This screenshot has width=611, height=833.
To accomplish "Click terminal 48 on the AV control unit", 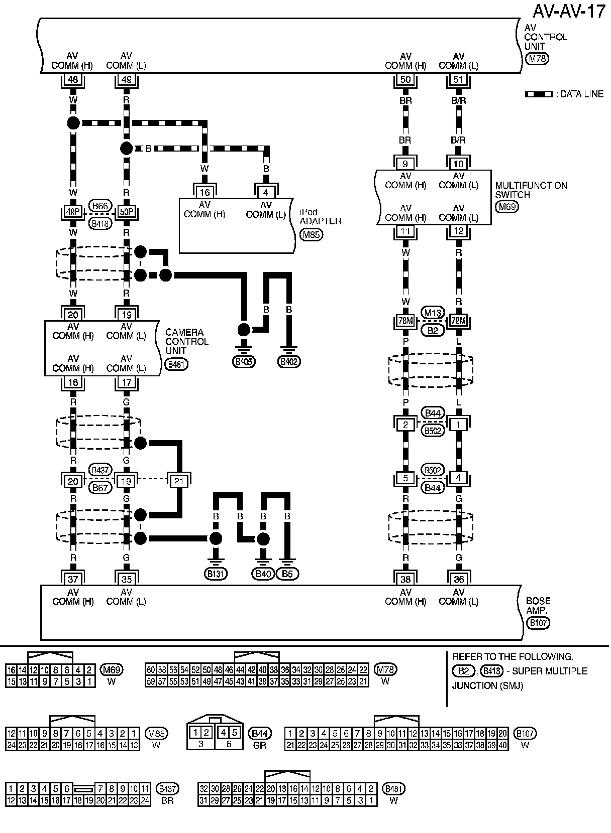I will coord(73,79).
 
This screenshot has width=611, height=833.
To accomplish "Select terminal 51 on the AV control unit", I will coord(458,79).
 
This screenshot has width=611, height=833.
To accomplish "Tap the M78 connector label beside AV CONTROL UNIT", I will coord(536,58).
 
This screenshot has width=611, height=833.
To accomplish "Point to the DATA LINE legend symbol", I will coord(539,94).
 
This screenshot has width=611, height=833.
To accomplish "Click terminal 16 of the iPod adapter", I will coord(205,192).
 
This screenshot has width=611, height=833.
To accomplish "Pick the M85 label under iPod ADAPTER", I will coord(312,234).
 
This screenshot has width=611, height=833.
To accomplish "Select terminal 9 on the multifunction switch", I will coord(405,164).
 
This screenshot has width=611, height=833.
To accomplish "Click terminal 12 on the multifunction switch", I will coord(458,231).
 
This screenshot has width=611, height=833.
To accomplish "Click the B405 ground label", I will coord(243,361).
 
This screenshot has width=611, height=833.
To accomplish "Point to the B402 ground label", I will coord(289,361).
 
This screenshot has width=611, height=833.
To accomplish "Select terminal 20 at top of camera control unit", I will coord(73,315).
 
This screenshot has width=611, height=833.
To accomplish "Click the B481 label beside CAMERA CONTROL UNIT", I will coord(176,364).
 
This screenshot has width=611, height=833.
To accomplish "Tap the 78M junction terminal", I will coord(405,321).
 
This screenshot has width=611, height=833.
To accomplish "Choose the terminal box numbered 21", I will coord(179,481).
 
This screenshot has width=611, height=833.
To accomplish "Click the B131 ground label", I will coord(216,574).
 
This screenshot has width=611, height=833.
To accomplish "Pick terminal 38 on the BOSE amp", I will coord(405,579).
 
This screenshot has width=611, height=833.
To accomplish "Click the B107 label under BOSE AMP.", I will coord(538,623).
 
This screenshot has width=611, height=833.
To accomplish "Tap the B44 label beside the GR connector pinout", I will coord(261,734).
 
